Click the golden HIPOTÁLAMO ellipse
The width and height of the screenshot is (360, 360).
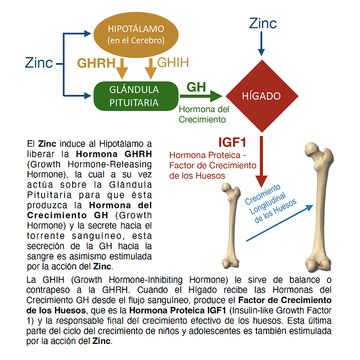(x=136, y=33)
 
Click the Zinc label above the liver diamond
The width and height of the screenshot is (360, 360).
(x=262, y=23)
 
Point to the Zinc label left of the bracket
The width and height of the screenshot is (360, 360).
(x=39, y=63)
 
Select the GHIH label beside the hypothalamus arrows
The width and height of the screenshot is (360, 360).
(x=173, y=63)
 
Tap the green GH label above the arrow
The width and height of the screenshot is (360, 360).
(x=196, y=87)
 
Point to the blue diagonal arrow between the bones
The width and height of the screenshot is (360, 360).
(x=280, y=223)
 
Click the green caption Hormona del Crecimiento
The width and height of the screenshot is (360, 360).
(x=204, y=114)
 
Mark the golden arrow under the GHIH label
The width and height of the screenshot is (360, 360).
(x=151, y=68)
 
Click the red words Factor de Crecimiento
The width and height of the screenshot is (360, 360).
(x=213, y=165)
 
